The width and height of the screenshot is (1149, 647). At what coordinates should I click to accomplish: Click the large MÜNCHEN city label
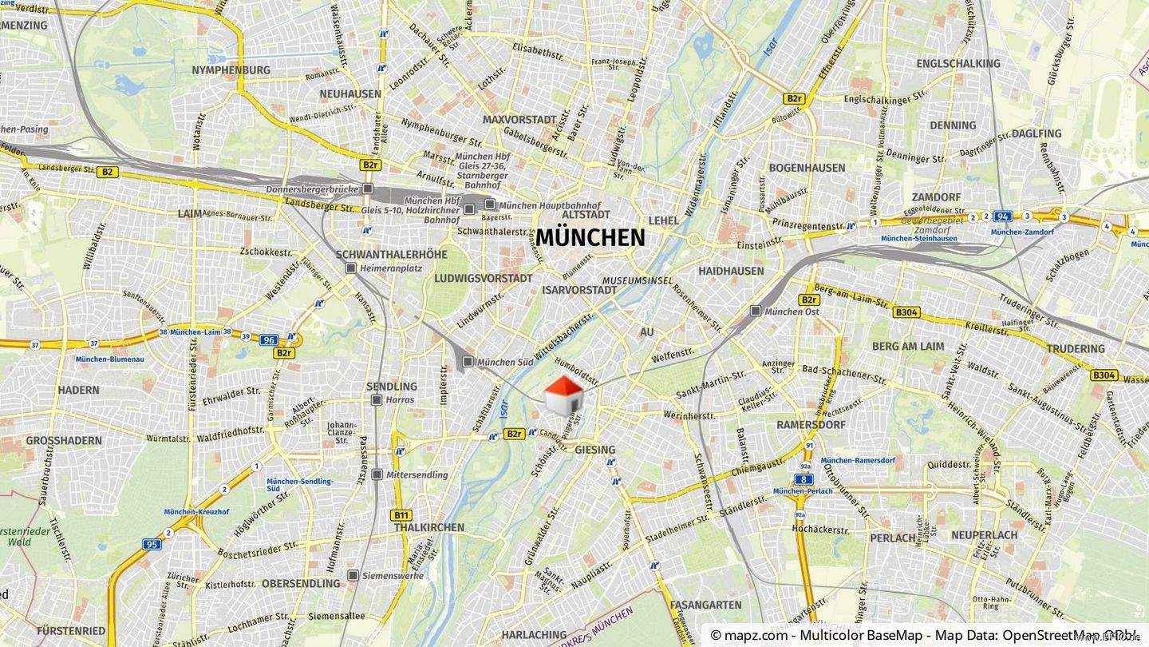[590, 238]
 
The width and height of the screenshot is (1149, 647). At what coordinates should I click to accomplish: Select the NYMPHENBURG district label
[231, 70]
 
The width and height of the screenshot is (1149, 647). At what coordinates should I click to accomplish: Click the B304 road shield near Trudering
[1104, 375]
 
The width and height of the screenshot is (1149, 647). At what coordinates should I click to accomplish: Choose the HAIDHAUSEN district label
[731, 272]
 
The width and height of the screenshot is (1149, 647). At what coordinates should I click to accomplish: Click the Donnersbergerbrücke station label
[312, 189]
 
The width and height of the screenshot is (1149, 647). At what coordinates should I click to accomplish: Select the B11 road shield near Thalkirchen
[401, 515]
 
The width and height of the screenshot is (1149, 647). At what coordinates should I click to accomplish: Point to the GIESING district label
[594, 450]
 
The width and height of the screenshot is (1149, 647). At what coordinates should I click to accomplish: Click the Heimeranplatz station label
[390, 268]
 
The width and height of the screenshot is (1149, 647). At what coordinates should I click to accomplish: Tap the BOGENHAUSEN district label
[807, 168]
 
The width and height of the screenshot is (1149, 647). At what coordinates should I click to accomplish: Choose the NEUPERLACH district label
[984, 534]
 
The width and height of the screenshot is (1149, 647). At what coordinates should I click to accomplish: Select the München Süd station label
[504, 363]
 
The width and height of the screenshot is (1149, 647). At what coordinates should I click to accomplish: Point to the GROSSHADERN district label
[64, 441]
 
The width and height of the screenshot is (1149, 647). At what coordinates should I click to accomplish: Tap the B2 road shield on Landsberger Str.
[107, 172]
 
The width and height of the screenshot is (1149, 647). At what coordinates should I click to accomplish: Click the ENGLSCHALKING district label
[958, 64]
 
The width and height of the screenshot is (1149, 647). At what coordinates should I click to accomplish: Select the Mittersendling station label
[417, 474]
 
